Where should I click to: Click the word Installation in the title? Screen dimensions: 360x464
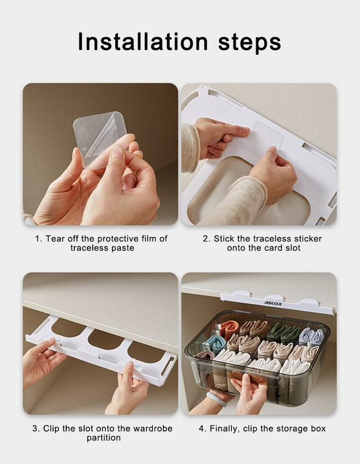point(143,42)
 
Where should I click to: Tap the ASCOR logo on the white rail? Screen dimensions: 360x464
point(272,303)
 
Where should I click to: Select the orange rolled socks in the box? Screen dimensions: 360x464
point(228,328)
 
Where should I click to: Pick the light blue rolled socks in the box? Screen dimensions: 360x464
point(214,344)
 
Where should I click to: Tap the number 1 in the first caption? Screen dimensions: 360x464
point(37,239)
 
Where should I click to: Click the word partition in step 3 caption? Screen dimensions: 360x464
point(104,438)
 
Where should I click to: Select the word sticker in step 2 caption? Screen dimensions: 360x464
point(308,239)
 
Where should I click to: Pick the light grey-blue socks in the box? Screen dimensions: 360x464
point(311,336)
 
